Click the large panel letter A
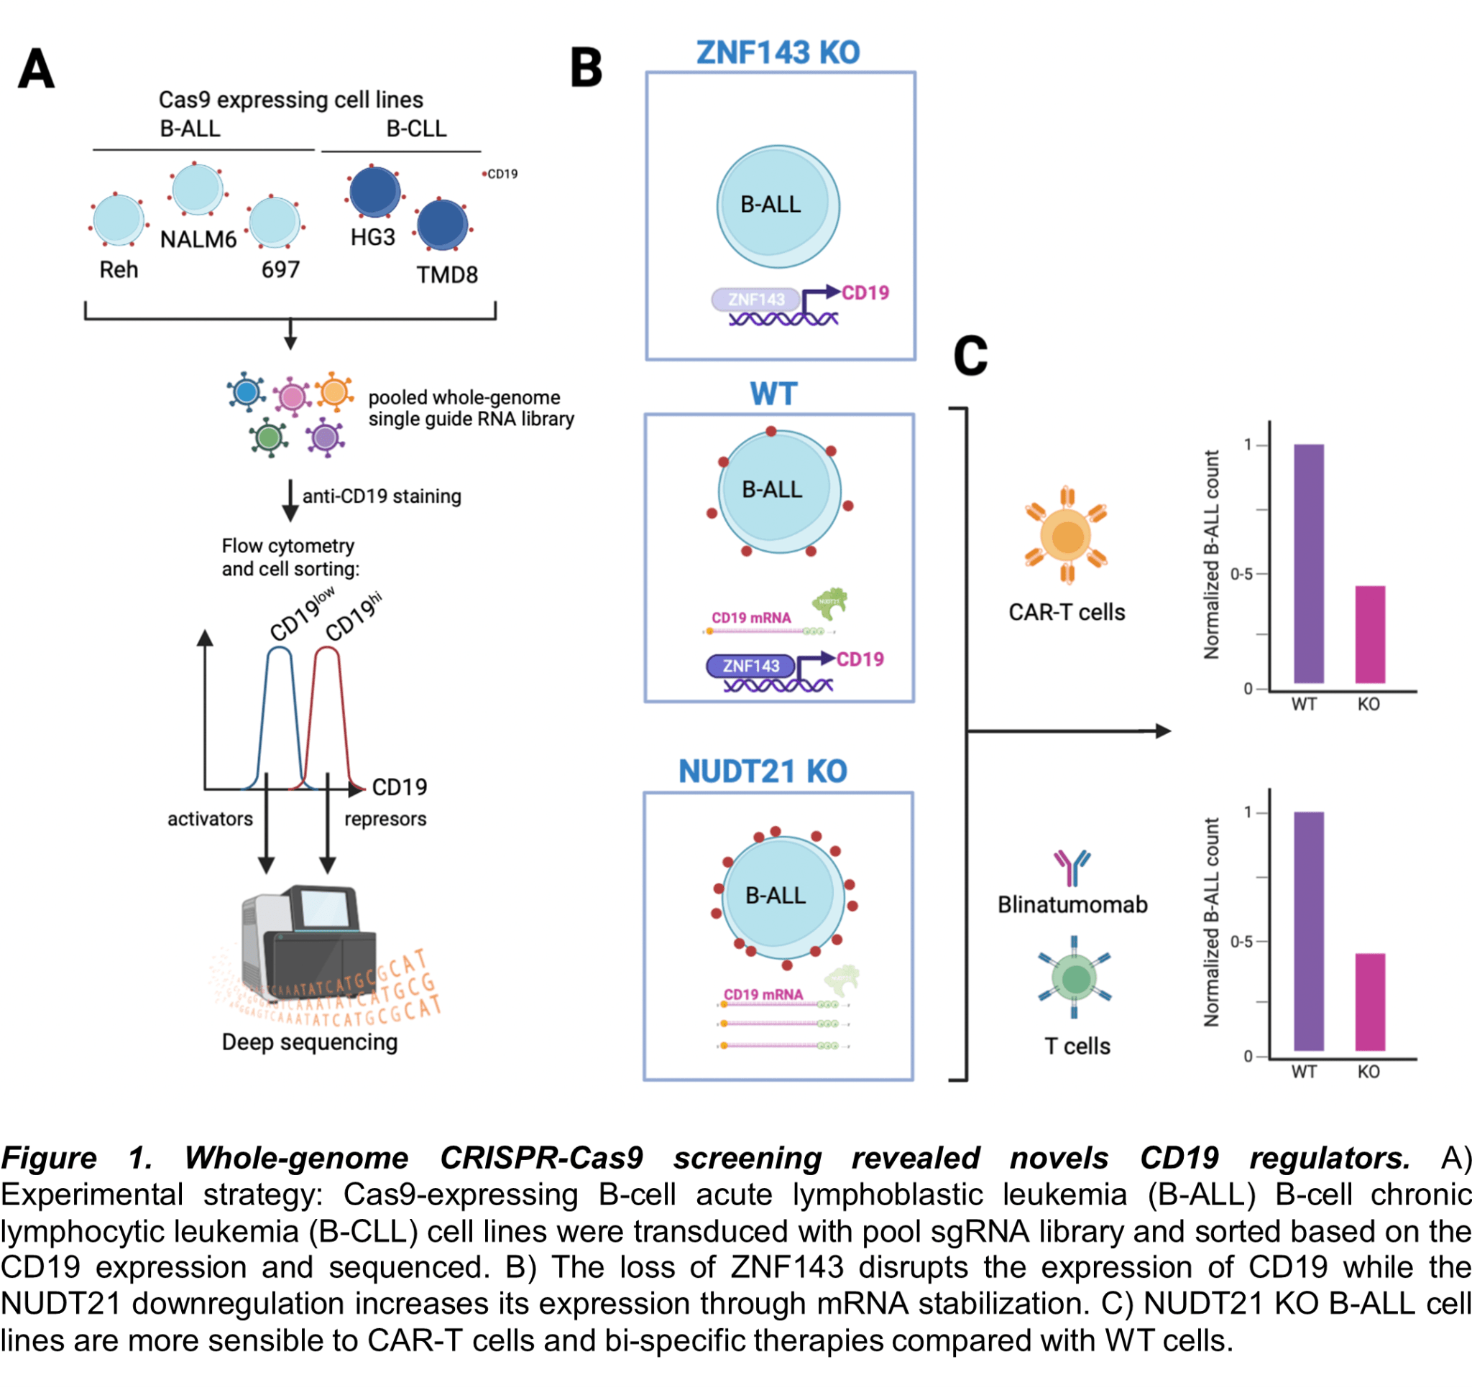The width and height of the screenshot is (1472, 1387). coord(35,69)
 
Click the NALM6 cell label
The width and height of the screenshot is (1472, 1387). coord(198,239)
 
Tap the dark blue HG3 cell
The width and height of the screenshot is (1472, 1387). coord(374,192)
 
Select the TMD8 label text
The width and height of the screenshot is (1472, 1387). coord(446,274)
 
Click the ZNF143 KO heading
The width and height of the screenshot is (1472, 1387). coord(778,52)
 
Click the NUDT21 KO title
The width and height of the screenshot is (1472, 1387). coord(763,771)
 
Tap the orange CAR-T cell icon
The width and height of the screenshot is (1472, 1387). coord(1065,536)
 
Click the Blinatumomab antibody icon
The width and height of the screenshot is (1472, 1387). coord(1072,867)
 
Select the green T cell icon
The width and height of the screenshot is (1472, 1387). coord(1075,978)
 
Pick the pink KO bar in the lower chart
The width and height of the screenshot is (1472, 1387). coord(1370,1002)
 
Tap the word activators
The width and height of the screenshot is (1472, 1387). coord(210,819)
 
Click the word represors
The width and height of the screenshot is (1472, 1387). coord(385,819)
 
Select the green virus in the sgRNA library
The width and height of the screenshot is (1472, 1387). coord(268,437)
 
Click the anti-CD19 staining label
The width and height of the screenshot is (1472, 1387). coord(382,496)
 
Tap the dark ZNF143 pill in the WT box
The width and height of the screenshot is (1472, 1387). coord(750,666)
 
